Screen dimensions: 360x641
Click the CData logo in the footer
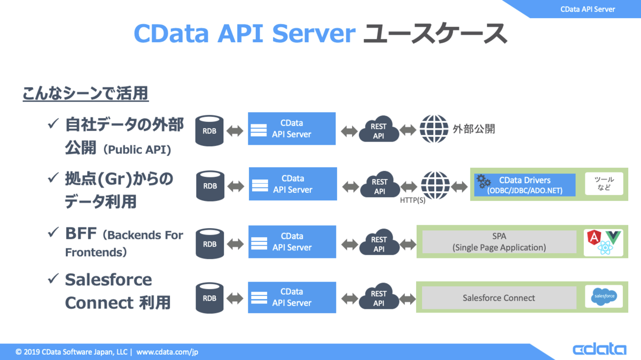pos(599,349)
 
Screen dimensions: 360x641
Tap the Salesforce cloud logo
pos(604,296)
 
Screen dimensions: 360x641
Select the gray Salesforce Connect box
pos(499,298)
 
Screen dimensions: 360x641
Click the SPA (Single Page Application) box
pos(499,242)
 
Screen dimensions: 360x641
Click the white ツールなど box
pos(604,184)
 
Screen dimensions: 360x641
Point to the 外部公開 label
pos(473,129)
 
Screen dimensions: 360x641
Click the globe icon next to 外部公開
pos(434,129)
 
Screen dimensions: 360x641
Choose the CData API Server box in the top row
pos(292,129)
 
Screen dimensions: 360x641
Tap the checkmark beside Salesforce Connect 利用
pos(53,279)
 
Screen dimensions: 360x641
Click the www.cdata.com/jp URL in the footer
pos(167,352)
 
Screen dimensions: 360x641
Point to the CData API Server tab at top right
pos(588,9)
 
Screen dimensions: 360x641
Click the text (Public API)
pos(137,150)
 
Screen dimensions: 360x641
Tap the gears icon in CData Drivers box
pos(483,181)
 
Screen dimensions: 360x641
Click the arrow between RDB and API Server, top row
pos(235,130)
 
